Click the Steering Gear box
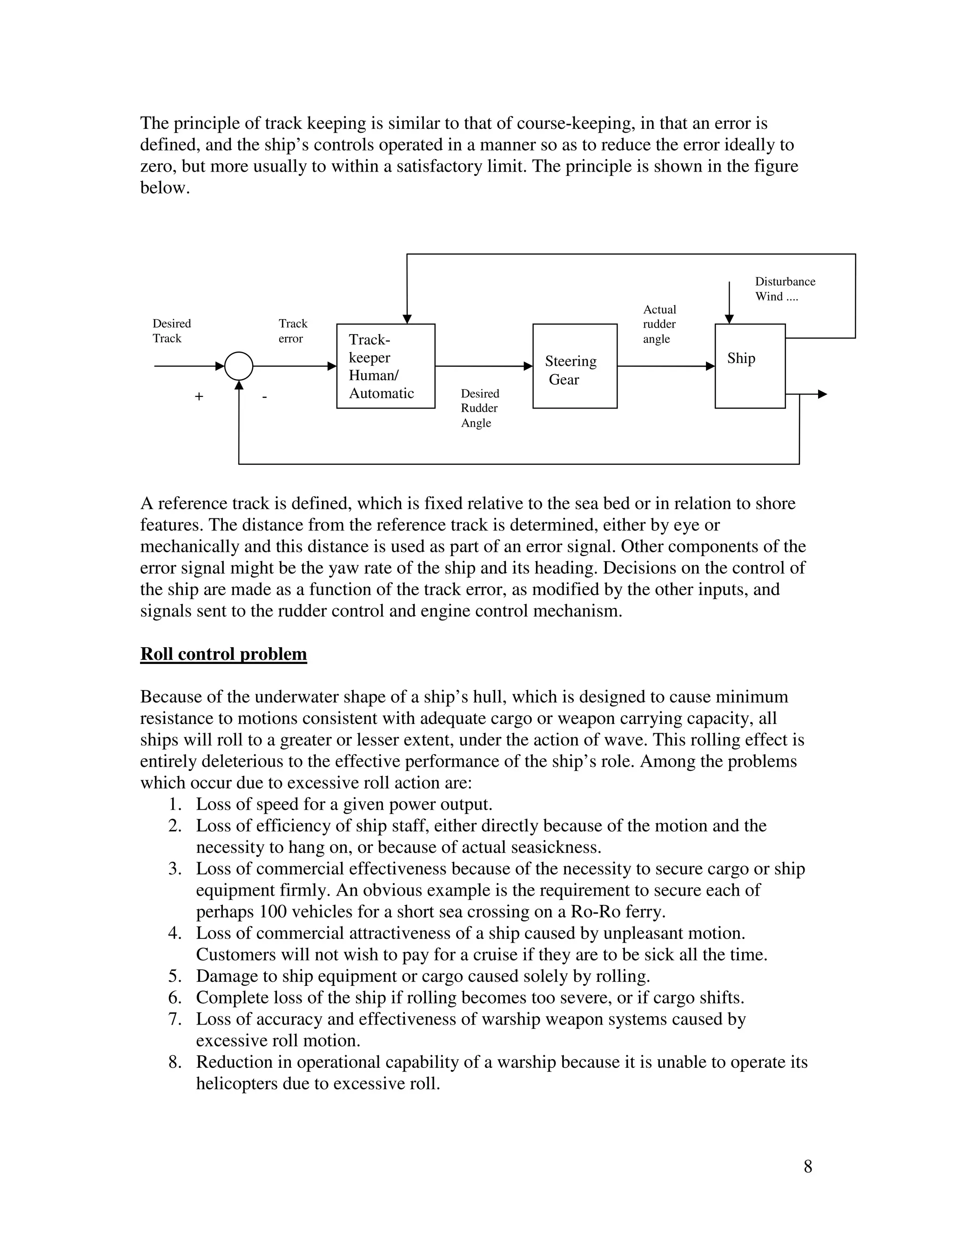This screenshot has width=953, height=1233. (575, 366)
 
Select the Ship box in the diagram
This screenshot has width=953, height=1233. (750, 366)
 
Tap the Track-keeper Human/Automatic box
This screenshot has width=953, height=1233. (386, 366)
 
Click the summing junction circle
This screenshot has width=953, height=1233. (239, 366)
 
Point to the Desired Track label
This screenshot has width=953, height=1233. (172, 331)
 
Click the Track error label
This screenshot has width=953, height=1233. (292, 331)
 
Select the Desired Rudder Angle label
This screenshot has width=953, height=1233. (479, 408)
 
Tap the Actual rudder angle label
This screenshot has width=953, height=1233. (659, 324)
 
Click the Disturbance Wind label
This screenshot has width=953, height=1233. (785, 289)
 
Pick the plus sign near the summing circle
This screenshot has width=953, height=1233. (199, 397)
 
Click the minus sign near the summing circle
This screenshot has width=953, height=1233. (264, 397)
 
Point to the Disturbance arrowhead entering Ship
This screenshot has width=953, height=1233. (729, 319)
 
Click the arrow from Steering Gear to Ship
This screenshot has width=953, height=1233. (666, 366)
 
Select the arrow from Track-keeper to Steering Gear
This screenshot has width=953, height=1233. (484, 366)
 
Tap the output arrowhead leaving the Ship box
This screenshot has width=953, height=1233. (823, 394)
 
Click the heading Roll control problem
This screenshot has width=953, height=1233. (223, 654)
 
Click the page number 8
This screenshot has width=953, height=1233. (808, 1166)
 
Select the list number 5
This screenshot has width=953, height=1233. (174, 976)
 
